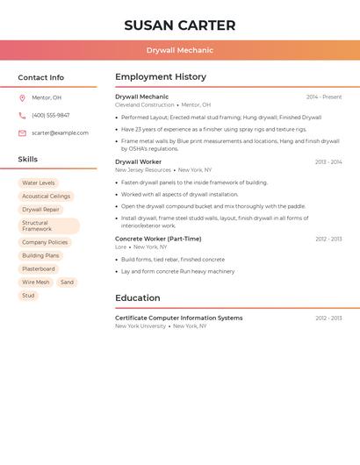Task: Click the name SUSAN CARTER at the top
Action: click(x=179, y=25)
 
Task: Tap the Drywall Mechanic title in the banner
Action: click(x=179, y=50)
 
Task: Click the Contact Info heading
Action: click(x=40, y=77)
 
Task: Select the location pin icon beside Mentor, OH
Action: click(x=22, y=97)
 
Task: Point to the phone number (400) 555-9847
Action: click(x=50, y=115)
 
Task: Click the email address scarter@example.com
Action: click(x=60, y=132)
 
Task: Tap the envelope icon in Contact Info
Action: click(x=22, y=133)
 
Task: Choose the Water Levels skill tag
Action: click(x=38, y=183)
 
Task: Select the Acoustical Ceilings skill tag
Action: click(x=46, y=197)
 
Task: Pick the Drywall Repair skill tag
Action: click(x=40, y=210)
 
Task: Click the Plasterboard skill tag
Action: click(x=39, y=269)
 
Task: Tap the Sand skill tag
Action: click(x=67, y=283)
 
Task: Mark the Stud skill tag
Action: click(x=28, y=296)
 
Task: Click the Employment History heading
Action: click(x=161, y=76)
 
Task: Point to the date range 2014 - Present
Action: click(x=324, y=97)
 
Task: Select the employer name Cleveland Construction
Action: click(x=145, y=104)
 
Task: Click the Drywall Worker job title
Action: click(x=138, y=161)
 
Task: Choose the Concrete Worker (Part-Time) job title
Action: click(x=158, y=239)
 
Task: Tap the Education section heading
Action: click(x=137, y=297)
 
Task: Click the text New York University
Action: click(x=140, y=325)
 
